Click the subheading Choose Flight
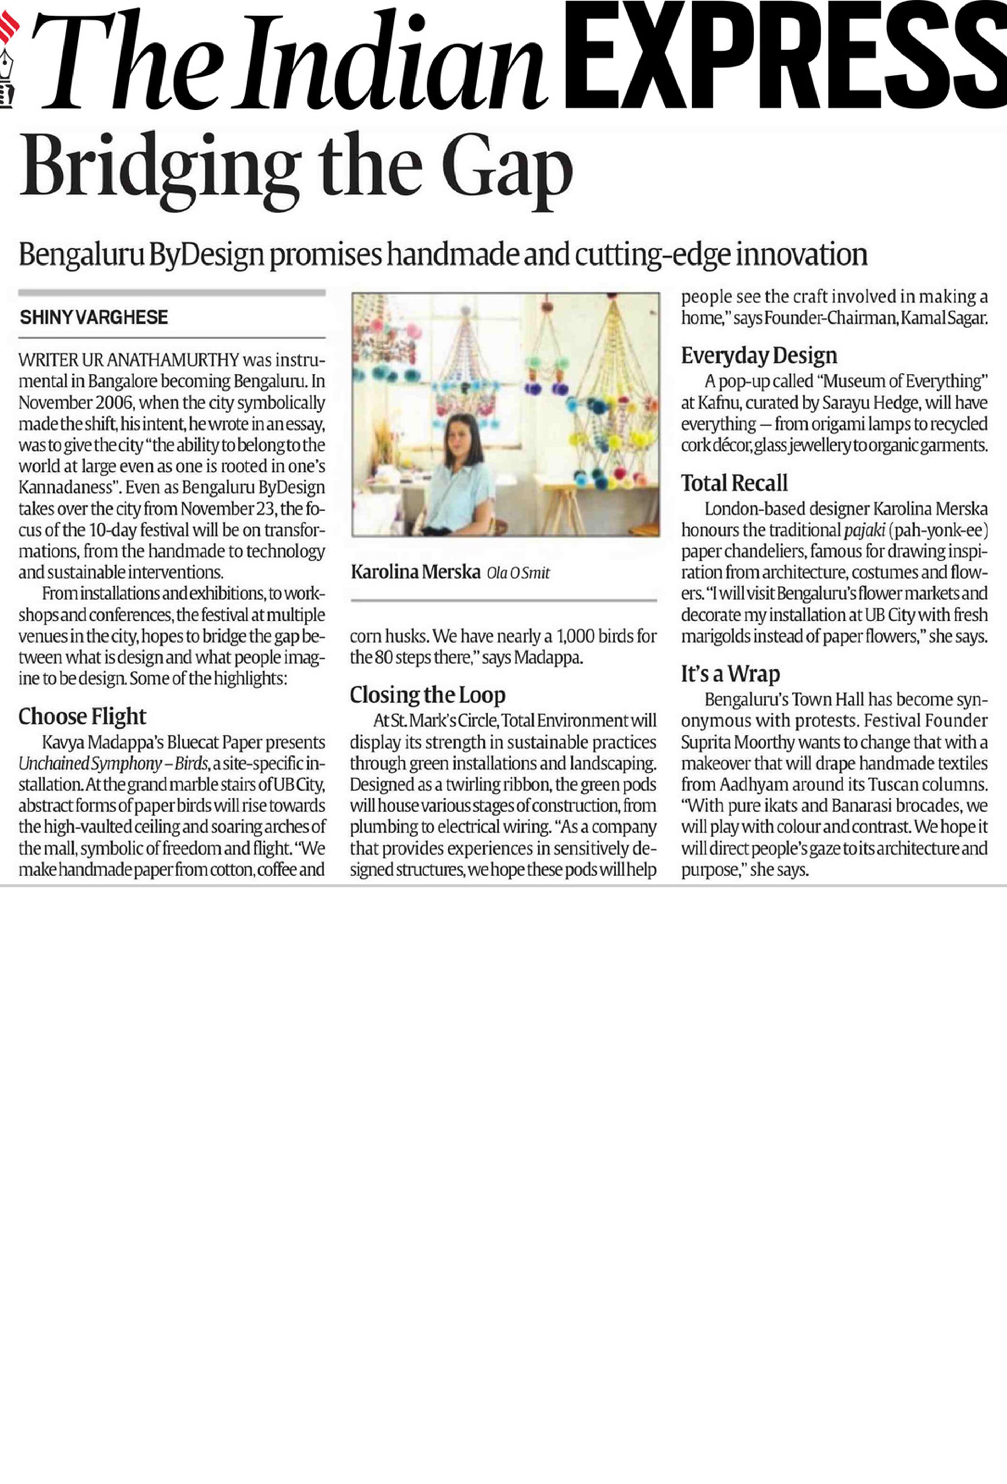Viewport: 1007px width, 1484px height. tap(82, 716)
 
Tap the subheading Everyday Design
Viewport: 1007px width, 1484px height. tap(759, 356)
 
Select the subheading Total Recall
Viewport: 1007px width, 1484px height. tap(734, 483)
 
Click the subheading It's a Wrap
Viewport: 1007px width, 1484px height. tap(730, 674)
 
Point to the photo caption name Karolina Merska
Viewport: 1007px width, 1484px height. tap(415, 572)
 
